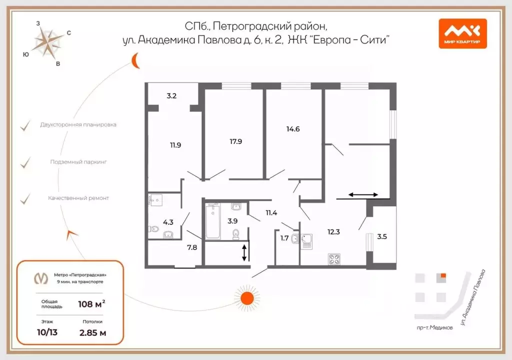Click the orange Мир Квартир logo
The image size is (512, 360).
pyautogui.click(x=462, y=33)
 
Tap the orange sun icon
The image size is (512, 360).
pyautogui.click(x=247, y=298)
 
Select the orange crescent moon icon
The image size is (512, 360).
pyautogui.click(x=135, y=61)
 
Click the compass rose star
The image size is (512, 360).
pyautogui.click(x=48, y=43)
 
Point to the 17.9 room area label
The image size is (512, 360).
pyautogui.click(x=236, y=141)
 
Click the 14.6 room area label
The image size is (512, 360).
pyautogui.click(x=293, y=129)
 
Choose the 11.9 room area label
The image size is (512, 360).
pyautogui.click(x=175, y=145)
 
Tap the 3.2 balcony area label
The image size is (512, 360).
pyautogui.click(x=171, y=95)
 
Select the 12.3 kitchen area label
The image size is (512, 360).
pyautogui.click(x=333, y=232)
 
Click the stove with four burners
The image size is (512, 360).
pyautogui.click(x=334, y=259)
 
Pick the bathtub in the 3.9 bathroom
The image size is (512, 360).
pyautogui.click(x=213, y=221)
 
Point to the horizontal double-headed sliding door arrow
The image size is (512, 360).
pyautogui.click(x=363, y=195)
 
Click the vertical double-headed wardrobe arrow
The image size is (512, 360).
pyautogui.click(x=244, y=252)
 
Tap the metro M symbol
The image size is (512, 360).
pyautogui.click(x=41, y=278)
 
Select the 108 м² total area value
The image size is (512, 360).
pyautogui.click(x=91, y=304)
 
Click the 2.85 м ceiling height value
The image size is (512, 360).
pyautogui.click(x=92, y=333)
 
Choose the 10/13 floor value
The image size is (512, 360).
pyautogui.click(x=47, y=332)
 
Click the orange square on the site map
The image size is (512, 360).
pyautogui.click(x=443, y=276)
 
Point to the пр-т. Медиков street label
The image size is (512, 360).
pyautogui.click(x=434, y=327)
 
